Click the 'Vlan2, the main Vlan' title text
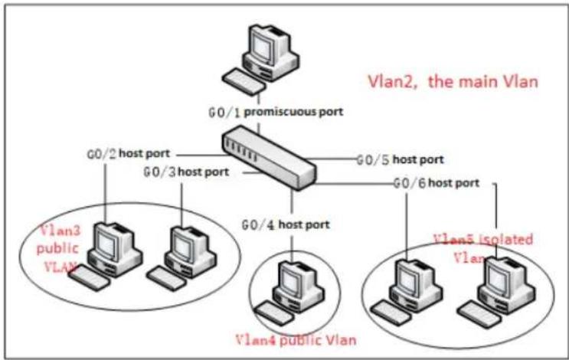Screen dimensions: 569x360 pos(453,81)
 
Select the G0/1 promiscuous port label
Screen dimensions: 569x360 pos(276,112)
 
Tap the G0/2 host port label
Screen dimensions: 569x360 pos(129,153)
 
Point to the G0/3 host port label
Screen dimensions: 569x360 pos(186,172)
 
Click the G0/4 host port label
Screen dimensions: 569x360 pos(286,225)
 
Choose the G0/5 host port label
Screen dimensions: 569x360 pos(401,159)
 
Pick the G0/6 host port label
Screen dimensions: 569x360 pos(437,183)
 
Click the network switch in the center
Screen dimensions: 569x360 pos(269,158)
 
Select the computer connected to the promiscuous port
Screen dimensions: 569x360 pos(261,59)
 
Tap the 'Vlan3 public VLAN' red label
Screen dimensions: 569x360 pos(59,249)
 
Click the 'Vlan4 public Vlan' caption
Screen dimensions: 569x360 pos(296,340)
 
